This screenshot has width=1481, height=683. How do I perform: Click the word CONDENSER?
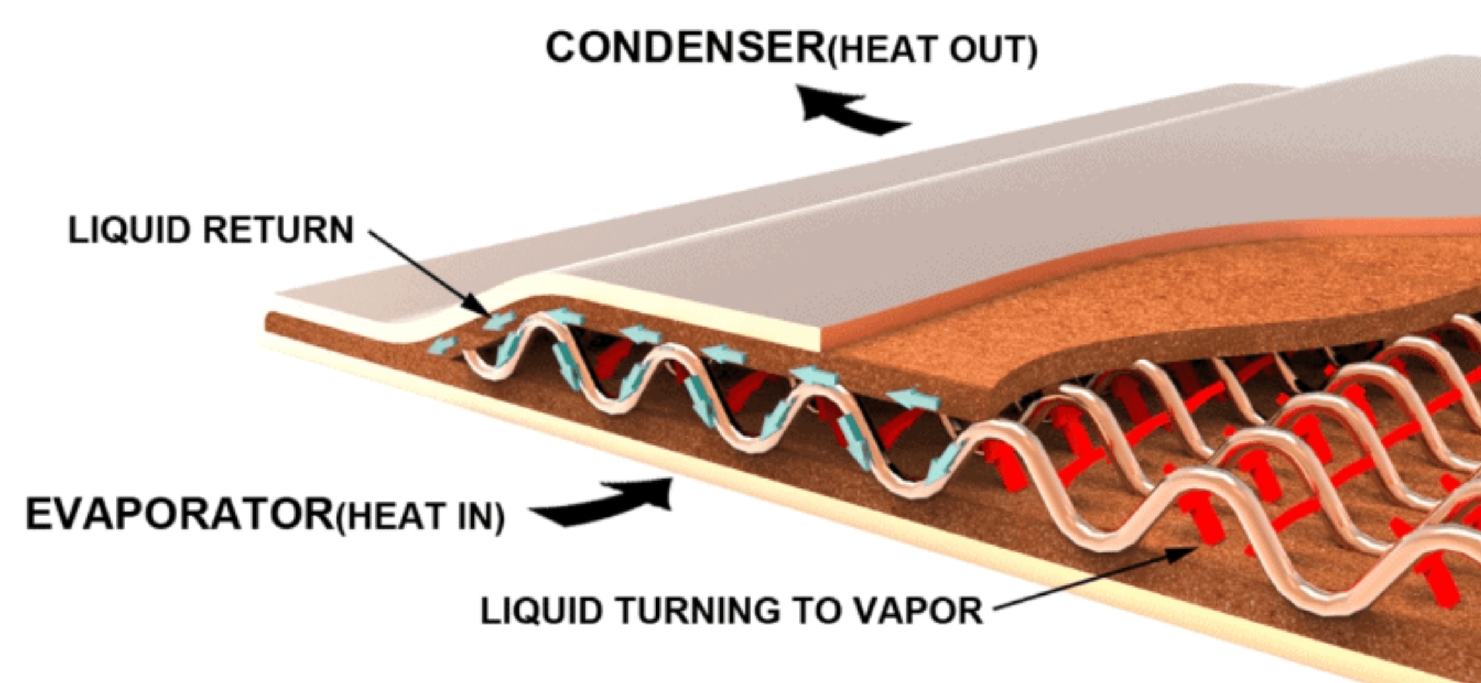coord(685,48)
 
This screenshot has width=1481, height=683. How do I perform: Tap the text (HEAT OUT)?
coord(933,50)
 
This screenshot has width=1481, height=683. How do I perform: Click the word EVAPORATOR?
coord(179,514)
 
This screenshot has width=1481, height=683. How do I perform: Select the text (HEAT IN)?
coord(420,517)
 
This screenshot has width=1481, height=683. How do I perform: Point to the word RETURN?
coord(278,230)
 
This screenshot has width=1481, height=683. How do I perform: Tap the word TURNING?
coord(697,611)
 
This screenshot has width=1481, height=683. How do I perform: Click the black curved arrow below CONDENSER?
coord(850,111)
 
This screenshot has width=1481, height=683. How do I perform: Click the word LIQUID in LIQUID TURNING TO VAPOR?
coord(541,611)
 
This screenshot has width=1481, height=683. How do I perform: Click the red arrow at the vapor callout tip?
coord(1205,523)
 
